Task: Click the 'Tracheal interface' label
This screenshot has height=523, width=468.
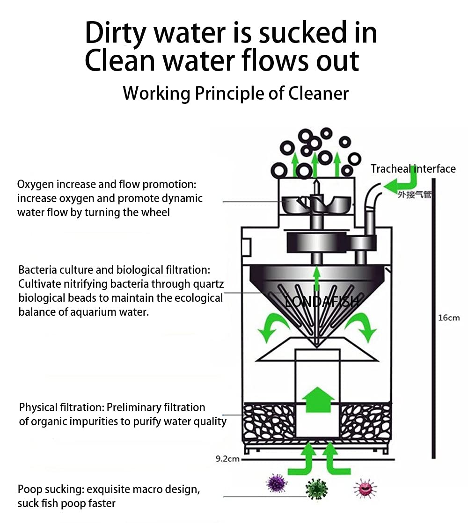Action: click(x=413, y=169)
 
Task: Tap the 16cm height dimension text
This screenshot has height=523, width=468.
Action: click(x=449, y=318)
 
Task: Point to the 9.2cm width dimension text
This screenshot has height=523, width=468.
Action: click(x=227, y=459)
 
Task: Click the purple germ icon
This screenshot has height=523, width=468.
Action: click(x=276, y=483)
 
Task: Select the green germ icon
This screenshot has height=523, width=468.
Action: click(x=316, y=489)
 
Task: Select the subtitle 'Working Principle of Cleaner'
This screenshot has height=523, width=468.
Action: click(x=235, y=93)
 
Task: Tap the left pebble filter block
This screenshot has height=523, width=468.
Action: click(x=268, y=421)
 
